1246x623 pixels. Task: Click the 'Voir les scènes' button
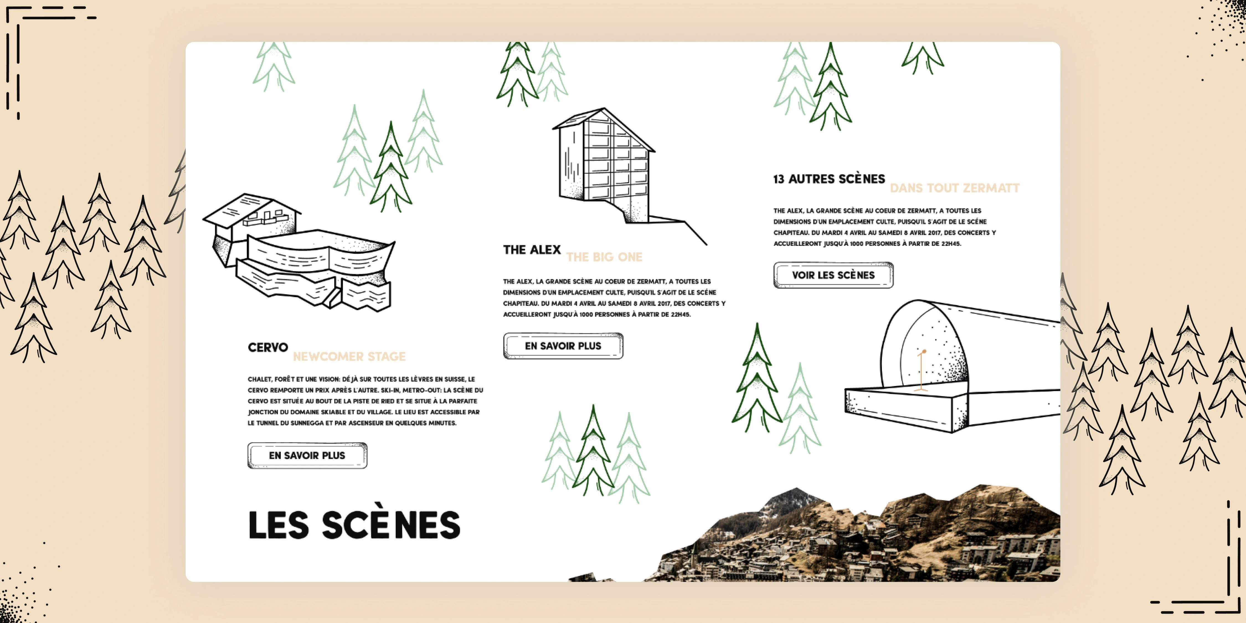tap(833, 275)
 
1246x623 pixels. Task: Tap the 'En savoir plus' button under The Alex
tap(563, 346)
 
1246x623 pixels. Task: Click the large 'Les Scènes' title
tap(354, 525)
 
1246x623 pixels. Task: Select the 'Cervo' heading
tap(267, 347)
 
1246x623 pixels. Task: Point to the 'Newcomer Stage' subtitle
tap(349, 356)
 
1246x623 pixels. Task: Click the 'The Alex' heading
tap(532, 249)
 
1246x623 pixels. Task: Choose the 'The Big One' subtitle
tap(604, 257)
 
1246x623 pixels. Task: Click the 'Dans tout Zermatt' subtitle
tap(954, 188)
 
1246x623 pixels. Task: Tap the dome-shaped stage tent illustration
tap(948, 368)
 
